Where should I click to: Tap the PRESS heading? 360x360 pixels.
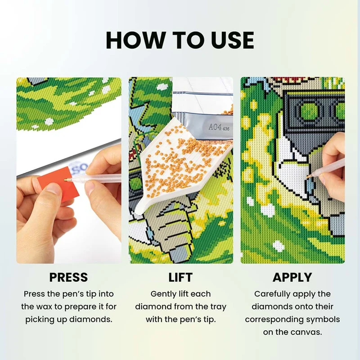tap(68, 277)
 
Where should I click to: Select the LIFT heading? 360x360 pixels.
tap(180, 277)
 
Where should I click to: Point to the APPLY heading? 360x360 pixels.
tap(292, 277)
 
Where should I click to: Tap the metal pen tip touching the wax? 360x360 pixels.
tap(67, 180)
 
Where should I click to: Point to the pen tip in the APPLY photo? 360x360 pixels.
tap(308, 176)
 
